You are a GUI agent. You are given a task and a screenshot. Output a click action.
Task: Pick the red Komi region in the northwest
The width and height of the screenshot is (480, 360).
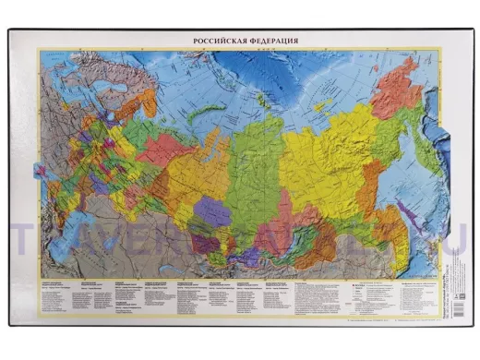[x=165, y=148]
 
